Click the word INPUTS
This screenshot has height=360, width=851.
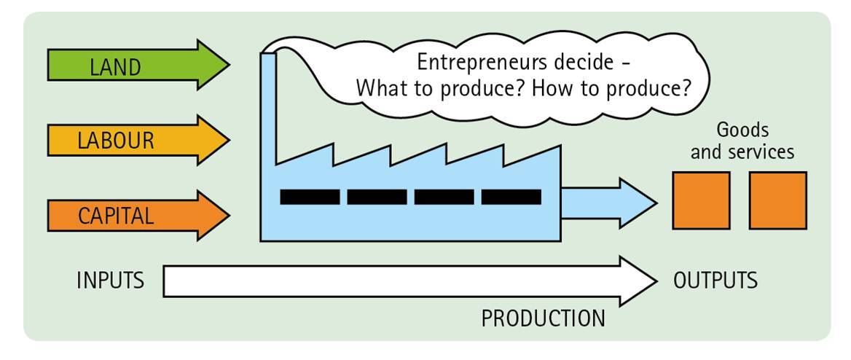(x=110, y=281)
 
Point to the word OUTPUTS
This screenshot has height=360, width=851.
(x=715, y=281)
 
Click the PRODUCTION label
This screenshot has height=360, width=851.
(x=543, y=318)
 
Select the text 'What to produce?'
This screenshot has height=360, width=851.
(x=440, y=89)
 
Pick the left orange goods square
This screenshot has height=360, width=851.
(x=701, y=200)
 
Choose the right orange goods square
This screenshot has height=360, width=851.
(x=777, y=200)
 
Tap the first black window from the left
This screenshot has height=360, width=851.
(x=310, y=197)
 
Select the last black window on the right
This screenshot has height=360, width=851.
(x=511, y=197)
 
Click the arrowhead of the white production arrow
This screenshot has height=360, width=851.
(x=638, y=281)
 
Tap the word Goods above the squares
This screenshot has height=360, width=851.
(x=742, y=130)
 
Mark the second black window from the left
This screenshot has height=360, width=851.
(x=377, y=197)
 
